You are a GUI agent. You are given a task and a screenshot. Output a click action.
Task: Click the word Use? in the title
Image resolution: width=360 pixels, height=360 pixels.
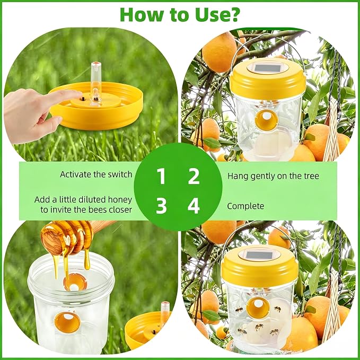pos(216,14)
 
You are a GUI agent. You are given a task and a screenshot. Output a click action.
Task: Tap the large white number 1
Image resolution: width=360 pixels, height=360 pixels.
pos(161,176)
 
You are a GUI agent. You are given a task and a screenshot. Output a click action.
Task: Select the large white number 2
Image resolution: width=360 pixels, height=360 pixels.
pos(194,176)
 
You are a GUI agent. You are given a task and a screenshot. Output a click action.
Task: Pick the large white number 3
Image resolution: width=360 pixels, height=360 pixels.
pos(161,206)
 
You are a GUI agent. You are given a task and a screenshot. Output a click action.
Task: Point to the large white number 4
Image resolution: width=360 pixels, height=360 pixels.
pos(194,206)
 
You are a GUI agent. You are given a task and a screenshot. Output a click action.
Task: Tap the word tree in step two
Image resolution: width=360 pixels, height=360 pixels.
pos(310,176)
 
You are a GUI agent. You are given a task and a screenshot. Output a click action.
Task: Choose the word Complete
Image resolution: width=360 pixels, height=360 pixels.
pos(245,206)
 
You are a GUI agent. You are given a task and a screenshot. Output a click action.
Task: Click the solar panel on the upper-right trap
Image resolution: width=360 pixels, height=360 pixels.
pos(267,68)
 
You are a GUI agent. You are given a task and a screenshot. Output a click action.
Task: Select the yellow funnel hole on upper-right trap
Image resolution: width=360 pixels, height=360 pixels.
pos(266,119)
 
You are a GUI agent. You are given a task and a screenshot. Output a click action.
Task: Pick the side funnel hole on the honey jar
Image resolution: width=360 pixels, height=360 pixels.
pos(67,322)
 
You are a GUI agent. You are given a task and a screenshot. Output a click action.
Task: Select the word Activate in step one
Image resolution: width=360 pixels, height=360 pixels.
pos(74,174)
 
